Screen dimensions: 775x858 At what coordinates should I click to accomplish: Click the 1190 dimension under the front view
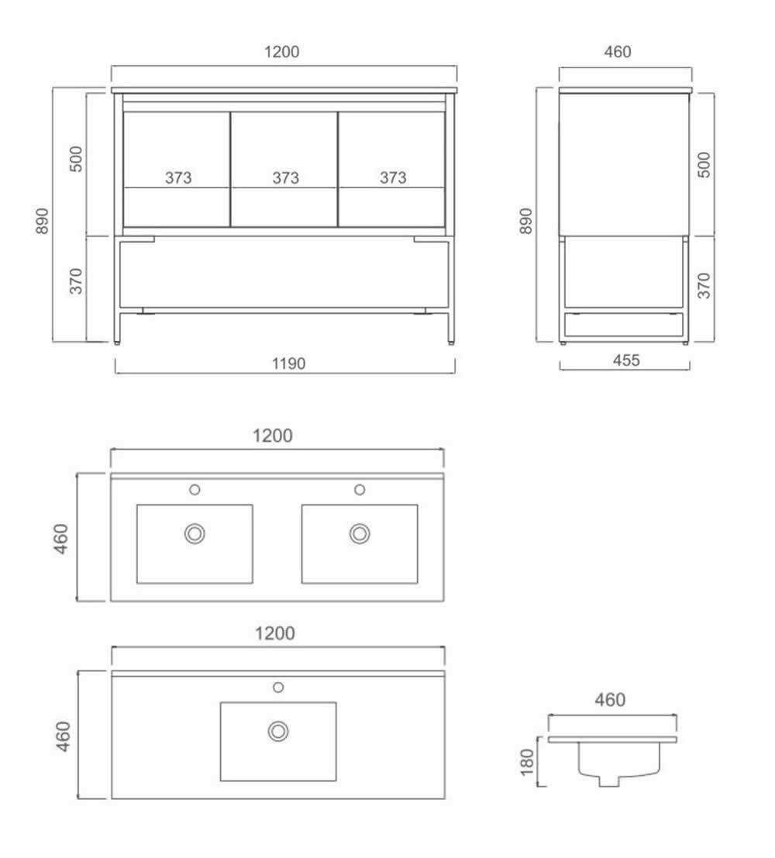[x=288, y=364]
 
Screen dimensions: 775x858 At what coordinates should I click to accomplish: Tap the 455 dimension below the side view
[x=626, y=360]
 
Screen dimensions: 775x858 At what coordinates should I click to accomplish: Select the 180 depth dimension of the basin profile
[x=527, y=762]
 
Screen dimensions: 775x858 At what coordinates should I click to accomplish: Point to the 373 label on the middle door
[x=286, y=177]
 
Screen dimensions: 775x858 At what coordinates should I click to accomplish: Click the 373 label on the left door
[x=178, y=177]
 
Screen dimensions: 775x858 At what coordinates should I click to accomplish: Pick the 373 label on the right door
[x=393, y=177]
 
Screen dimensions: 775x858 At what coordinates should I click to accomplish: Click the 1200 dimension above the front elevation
[x=282, y=51]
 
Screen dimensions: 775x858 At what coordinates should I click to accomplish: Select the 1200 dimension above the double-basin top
[x=273, y=436]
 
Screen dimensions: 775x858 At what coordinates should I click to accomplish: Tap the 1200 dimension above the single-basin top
[x=275, y=633]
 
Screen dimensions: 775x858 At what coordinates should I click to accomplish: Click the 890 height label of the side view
[x=525, y=221]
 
